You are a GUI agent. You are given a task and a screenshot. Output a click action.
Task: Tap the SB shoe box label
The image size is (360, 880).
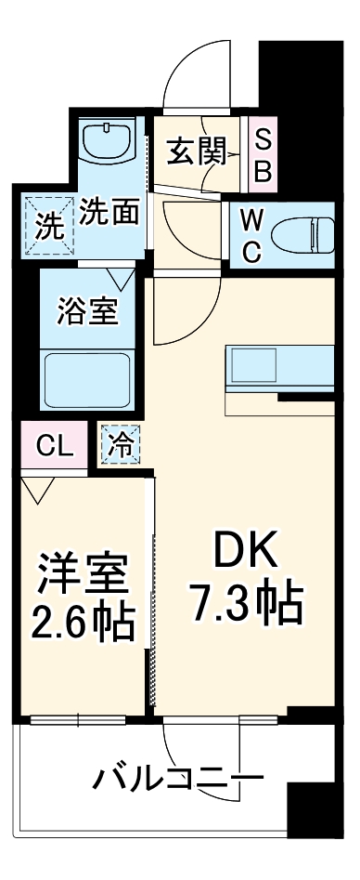click(263, 154)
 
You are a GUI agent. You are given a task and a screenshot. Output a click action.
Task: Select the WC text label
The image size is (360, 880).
click(251, 234)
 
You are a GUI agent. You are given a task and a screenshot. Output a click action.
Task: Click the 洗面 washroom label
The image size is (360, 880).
click(109, 213)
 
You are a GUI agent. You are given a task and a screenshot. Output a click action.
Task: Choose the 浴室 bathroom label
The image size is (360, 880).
click(88, 311)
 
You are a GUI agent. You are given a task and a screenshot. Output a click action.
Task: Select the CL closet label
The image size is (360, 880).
click(54, 445)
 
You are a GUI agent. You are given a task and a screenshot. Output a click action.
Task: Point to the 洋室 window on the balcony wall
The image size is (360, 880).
click(79, 717)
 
